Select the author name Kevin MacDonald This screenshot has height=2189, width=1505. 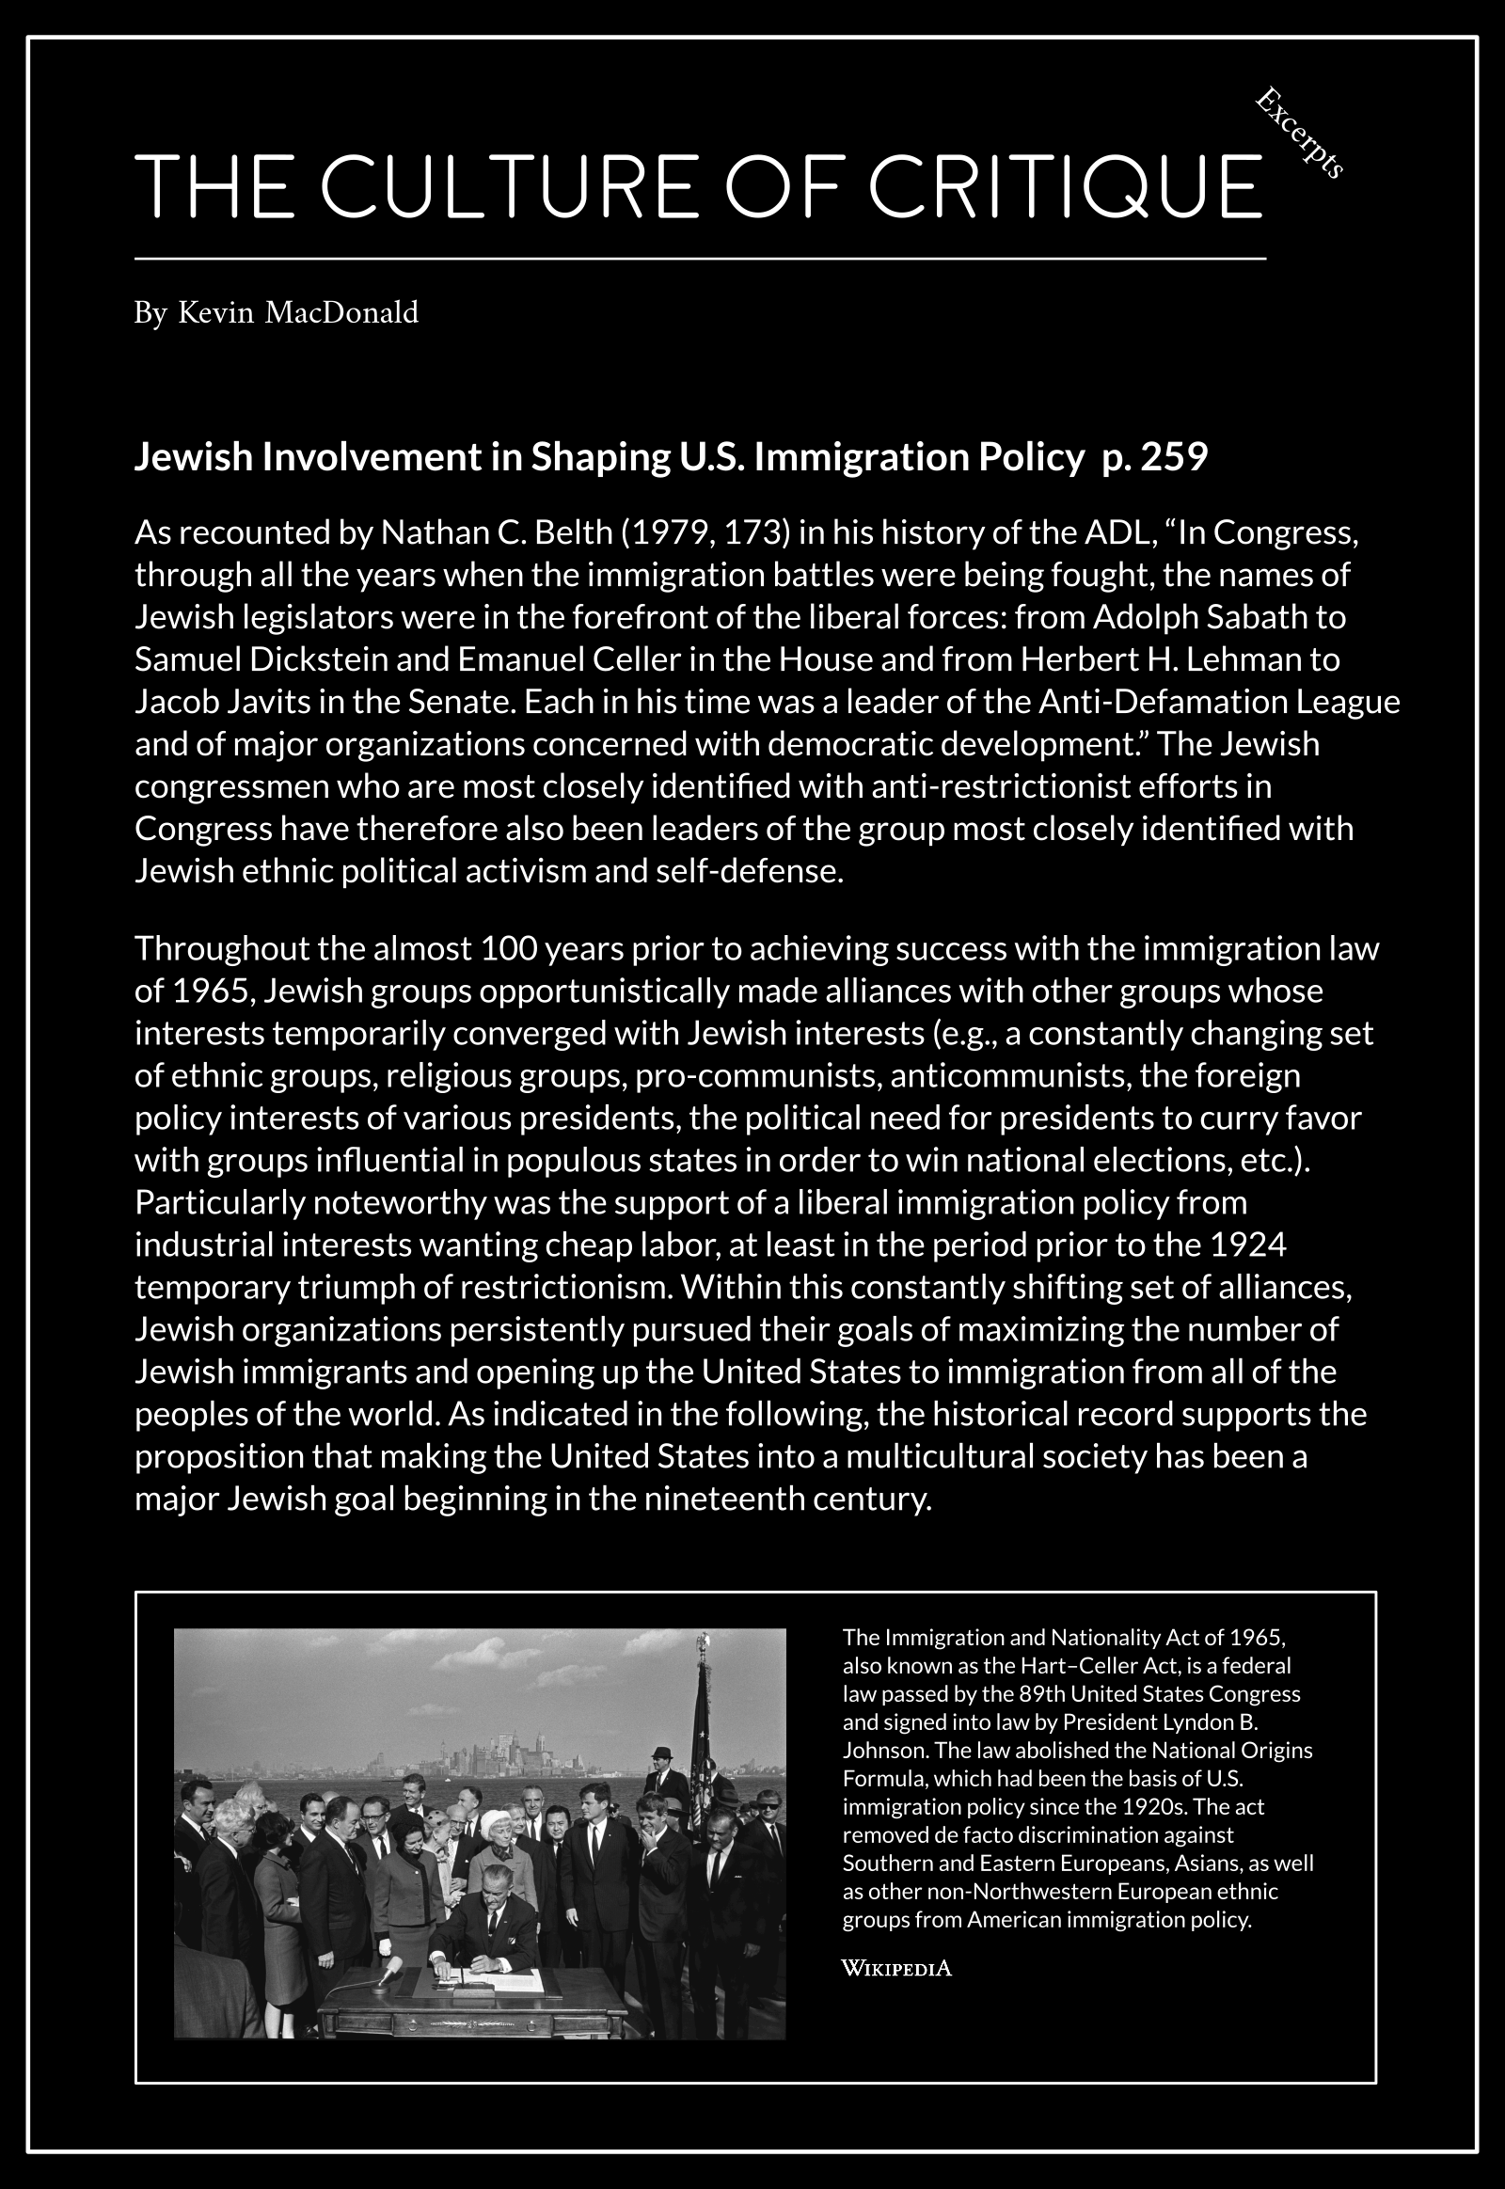(x=298, y=312)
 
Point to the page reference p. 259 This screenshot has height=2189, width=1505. (x=1155, y=456)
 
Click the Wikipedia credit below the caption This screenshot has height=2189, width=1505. (x=895, y=1969)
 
